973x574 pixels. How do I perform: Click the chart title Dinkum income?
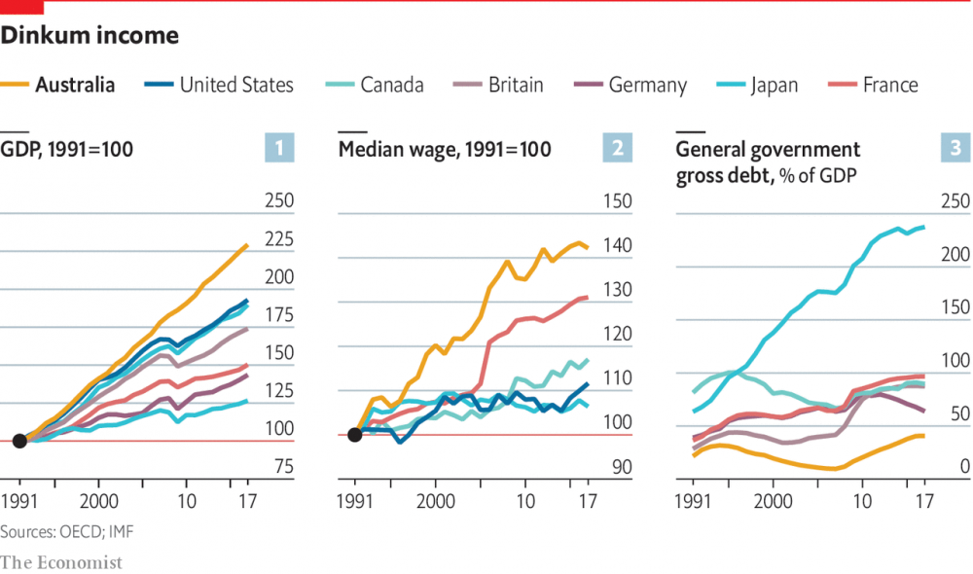(x=90, y=36)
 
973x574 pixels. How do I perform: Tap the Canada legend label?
(x=391, y=86)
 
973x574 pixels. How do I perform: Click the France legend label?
(x=890, y=86)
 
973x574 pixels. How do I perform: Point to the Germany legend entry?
(x=647, y=86)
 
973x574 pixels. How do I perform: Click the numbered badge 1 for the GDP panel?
(x=279, y=149)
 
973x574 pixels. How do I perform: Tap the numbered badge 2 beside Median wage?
(x=617, y=149)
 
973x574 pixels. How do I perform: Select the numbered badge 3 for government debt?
(x=955, y=149)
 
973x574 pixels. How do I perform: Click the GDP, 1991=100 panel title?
(x=67, y=150)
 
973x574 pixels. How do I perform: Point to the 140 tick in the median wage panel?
(x=617, y=246)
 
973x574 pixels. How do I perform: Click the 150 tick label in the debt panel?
(x=955, y=307)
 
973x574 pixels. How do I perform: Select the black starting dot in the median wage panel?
(x=355, y=434)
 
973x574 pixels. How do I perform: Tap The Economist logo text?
(x=61, y=562)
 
